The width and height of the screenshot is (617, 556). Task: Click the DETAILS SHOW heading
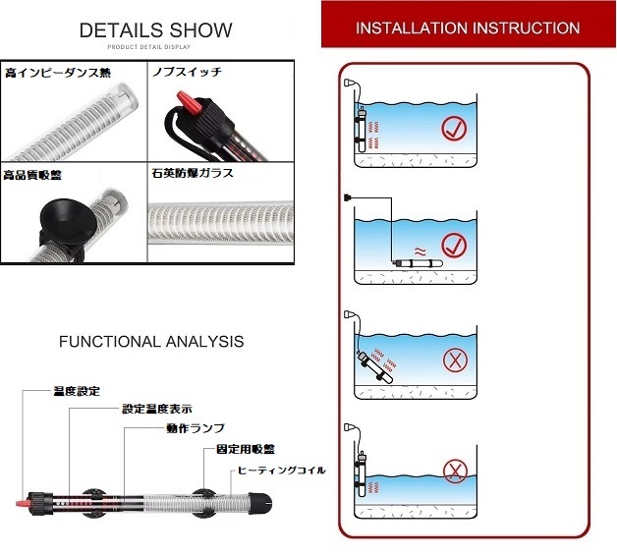(x=156, y=30)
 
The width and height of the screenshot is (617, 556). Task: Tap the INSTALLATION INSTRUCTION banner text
(x=468, y=28)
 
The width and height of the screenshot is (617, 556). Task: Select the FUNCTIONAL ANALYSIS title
(x=151, y=342)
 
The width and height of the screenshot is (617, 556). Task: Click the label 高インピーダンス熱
(x=58, y=73)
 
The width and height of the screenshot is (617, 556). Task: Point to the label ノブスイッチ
(x=187, y=72)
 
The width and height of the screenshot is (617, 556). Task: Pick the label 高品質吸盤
(x=32, y=175)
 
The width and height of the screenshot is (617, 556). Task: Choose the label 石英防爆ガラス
(x=193, y=173)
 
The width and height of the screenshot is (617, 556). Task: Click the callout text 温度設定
(x=77, y=391)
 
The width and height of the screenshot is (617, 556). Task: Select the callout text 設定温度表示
(x=157, y=409)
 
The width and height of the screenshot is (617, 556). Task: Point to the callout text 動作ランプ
(x=196, y=428)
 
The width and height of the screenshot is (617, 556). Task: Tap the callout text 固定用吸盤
(x=246, y=449)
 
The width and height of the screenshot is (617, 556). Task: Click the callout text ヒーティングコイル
(x=281, y=471)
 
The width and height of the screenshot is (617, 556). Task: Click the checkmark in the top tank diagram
(x=454, y=129)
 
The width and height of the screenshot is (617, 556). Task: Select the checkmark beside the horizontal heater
(x=454, y=246)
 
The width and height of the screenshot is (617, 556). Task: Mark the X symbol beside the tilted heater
(x=455, y=360)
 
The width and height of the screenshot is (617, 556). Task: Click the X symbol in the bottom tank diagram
(x=455, y=472)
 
